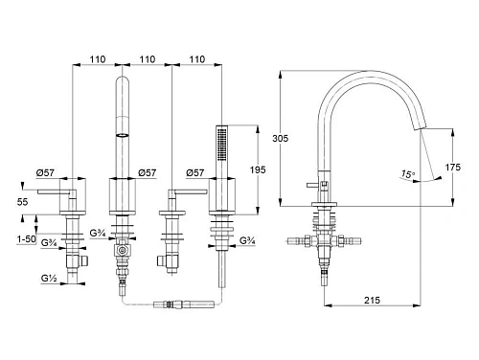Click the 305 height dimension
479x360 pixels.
coord(280,138)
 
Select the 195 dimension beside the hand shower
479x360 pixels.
coord(258,169)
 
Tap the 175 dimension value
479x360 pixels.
coord(453,167)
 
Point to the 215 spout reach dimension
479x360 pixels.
coord(372,300)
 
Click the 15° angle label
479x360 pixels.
coord(408,174)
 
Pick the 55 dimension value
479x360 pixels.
coord(22,202)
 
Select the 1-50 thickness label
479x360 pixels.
coord(27,239)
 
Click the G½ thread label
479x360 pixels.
coord(49,279)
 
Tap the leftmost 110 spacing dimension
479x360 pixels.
coord(98,59)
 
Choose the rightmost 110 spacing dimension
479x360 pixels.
coord(197,59)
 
